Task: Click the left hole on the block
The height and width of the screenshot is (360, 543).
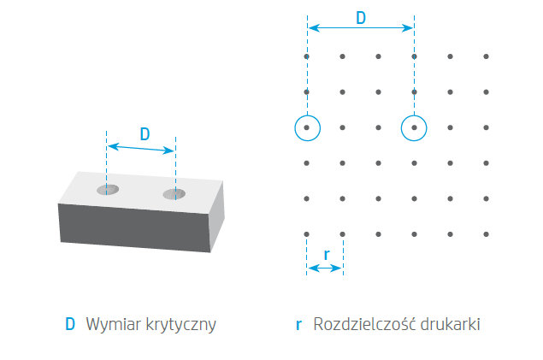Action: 108,190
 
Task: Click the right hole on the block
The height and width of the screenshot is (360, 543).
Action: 174,194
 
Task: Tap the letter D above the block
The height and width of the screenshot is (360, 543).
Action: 145,134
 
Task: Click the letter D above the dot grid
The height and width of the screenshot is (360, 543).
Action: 361,18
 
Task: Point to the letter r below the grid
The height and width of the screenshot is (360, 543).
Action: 326,255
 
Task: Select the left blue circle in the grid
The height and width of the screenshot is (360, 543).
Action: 308,128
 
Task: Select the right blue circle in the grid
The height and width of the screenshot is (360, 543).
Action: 414,128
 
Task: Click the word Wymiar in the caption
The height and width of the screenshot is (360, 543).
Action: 114,324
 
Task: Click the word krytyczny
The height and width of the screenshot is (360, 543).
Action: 180,325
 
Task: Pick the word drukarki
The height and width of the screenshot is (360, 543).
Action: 450,324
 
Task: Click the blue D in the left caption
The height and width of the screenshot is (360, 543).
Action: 70,324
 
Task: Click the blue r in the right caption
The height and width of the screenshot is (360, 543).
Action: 298,326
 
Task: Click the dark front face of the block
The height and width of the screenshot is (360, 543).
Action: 135,227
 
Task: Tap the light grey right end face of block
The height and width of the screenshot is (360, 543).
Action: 217,215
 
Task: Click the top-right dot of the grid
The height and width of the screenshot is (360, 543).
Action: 486,56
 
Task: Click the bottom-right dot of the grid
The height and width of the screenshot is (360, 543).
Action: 486,234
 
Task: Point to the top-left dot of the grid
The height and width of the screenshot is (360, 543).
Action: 306,56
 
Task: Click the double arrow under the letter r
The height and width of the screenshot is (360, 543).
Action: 325,268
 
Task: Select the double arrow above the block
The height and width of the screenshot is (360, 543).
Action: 141,148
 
